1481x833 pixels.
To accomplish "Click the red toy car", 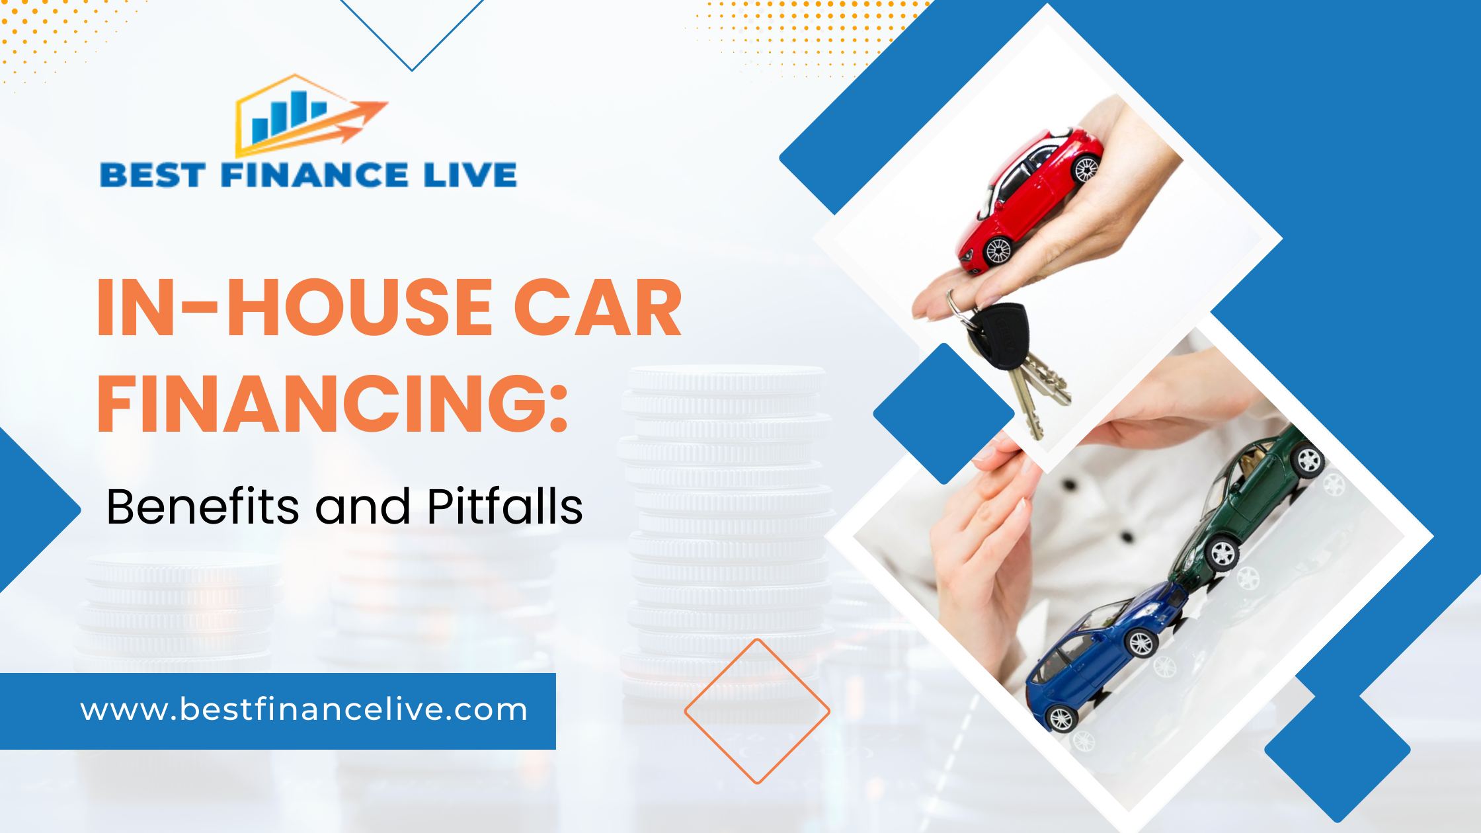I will pos(1031,198).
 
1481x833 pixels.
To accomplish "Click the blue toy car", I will pos(1104,654).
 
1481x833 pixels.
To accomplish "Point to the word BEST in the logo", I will pos(153,176).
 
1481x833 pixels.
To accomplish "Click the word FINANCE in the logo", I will pos(315,176).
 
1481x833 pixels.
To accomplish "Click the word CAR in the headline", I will pos(598,308).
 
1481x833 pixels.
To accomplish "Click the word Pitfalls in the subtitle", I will pos(505,507).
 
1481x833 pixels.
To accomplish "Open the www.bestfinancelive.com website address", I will pos(304,710).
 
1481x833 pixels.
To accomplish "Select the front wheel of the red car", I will pos(998,250).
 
